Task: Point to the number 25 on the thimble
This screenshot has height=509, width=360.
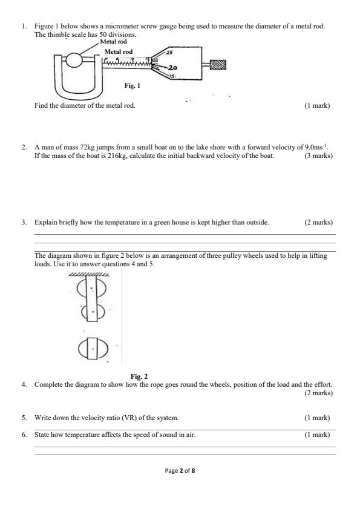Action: coord(169,53)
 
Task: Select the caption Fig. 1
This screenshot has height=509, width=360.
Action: coord(132,86)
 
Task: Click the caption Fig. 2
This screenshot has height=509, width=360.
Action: coord(139,376)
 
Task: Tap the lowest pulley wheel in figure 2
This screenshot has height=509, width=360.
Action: coord(93,349)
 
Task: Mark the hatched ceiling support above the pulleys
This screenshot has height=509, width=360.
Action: coord(90,275)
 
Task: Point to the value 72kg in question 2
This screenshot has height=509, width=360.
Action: coord(83,147)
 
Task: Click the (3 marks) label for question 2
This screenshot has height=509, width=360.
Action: coord(318,156)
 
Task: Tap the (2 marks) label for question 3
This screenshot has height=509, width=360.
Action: coord(318,222)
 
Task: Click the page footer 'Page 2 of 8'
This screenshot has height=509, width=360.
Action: coord(180,470)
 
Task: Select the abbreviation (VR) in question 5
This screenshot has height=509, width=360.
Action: coord(116,418)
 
